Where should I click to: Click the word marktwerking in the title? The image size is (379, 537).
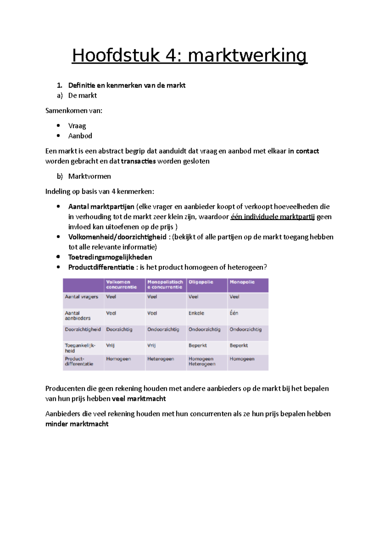point(247,56)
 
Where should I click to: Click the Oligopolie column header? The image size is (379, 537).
point(201,282)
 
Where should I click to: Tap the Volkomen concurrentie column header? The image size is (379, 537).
point(121,285)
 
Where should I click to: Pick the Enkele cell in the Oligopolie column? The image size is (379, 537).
point(196,313)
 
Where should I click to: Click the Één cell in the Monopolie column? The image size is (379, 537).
point(234,313)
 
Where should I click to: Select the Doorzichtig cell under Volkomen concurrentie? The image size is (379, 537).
point(119,329)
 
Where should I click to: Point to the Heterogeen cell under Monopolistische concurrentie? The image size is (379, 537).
point(160,359)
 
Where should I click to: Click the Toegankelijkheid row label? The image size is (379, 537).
point(80,348)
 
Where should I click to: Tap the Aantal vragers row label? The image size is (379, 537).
point(81,297)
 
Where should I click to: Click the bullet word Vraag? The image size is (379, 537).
point(77,126)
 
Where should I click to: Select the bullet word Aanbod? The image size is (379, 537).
point(80,136)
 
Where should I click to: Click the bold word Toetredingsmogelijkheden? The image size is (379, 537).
point(110,257)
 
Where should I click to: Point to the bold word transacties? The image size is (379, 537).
point(138,161)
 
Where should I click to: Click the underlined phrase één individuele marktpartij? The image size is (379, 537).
point(273,217)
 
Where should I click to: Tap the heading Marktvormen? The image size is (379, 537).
point(89,176)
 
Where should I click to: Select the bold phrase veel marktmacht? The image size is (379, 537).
point(139,399)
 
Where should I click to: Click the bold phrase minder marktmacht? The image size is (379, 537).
point(77,424)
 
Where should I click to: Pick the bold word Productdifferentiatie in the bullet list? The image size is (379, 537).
point(101,267)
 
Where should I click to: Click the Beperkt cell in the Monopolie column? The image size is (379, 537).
point(238,345)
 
